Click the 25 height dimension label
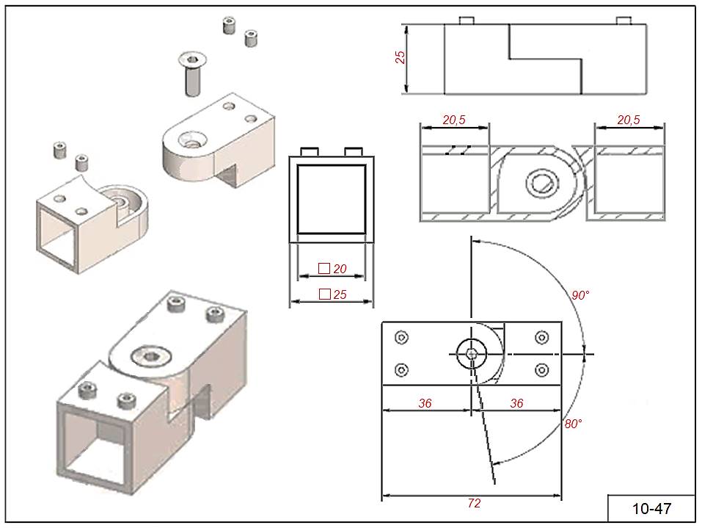click(401, 57)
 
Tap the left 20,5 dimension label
click(453, 120)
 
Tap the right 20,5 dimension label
click(629, 120)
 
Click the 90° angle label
click(581, 295)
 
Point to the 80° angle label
click(573, 424)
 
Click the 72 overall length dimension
click(474, 504)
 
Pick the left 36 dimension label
click(425, 403)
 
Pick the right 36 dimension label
click(516, 403)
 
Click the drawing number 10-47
click(651, 508)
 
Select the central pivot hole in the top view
click(472, 354)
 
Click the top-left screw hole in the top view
click(401, 338)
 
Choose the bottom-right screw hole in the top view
click(542, 369)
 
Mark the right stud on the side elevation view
click(624, 20)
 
